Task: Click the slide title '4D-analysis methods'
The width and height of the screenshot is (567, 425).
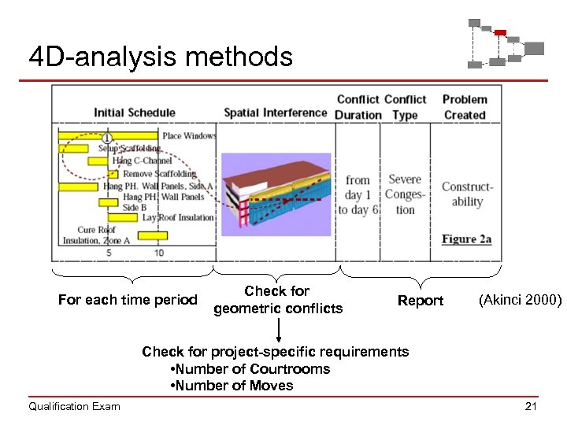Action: [x=160, y=57]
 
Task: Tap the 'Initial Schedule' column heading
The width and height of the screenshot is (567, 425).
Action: [x=134, y=113]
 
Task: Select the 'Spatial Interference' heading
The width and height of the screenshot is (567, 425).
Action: [x=275, y=113]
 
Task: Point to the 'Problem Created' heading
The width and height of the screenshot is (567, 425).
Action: [x=465, y=107]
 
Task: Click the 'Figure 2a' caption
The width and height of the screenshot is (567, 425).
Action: [x=466, y=238]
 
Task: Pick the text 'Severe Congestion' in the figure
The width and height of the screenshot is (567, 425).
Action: [x=405, y=194]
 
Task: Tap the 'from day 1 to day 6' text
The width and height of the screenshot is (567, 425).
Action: [x=358, y=195]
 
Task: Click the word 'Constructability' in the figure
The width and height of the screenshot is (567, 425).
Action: [x=467, y=194]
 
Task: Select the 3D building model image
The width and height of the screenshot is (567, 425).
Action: [x=275, y=190]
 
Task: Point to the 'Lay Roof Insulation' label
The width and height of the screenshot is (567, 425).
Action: [x=178, y=217]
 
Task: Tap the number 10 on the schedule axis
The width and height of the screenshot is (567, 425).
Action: [x=159, y=253]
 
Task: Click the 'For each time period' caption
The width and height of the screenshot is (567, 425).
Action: [x=128, y=300]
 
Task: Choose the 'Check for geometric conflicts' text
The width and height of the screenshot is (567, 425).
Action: [x=278, y=300]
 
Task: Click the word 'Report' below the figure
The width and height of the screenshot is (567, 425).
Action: [x=421, y=301]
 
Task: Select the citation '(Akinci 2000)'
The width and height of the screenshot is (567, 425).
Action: [x=520, y=300]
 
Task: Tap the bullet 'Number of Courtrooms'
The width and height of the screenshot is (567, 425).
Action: [x=250, y=369]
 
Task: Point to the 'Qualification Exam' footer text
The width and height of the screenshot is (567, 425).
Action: [x=74, y=406]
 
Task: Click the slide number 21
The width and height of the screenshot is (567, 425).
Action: [x=530, y=406]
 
